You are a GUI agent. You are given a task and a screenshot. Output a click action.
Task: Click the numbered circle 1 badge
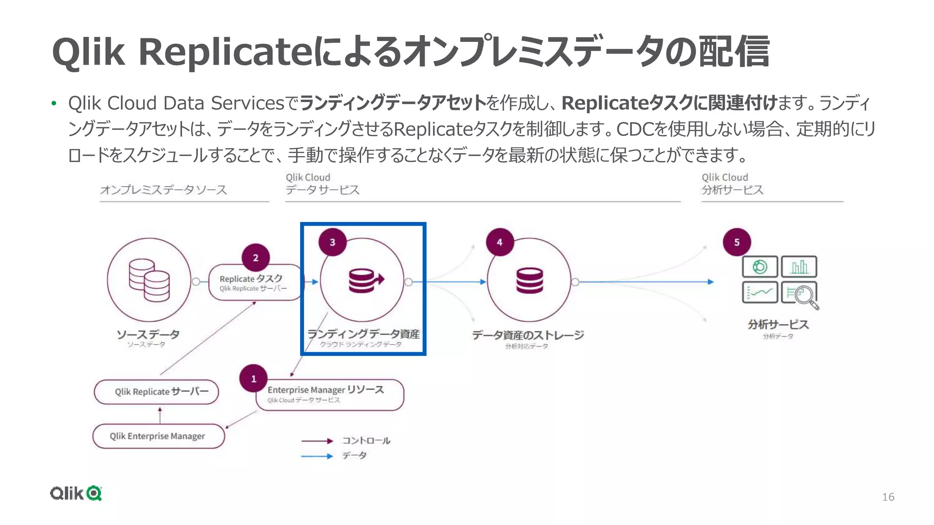coord(254,379)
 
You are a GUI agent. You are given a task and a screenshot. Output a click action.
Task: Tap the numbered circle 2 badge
coord(255,258)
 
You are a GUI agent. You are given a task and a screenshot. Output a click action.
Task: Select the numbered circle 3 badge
coord(332,242)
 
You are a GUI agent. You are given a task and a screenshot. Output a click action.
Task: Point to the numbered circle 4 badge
coord(500,242)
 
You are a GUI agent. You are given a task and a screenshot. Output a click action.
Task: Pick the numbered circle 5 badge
coord(737,242)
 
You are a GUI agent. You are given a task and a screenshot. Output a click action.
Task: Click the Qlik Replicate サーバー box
coord(156,392)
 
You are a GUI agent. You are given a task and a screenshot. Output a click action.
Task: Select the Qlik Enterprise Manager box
coord(158,436)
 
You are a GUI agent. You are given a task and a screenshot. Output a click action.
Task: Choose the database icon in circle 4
coord(529,280)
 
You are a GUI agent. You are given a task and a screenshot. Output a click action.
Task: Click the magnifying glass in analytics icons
coord(805,296)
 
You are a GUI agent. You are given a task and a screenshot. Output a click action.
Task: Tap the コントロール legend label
coord(366,441)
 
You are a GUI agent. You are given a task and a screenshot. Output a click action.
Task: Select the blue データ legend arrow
coord(317,456)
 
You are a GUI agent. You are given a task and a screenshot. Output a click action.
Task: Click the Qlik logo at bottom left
coord(76,493)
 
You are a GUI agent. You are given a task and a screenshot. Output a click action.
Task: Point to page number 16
coord(888,497)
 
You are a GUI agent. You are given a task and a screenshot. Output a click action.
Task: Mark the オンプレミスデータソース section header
coord(164,190)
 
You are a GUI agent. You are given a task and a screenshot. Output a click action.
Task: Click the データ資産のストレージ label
coord(528,335)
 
